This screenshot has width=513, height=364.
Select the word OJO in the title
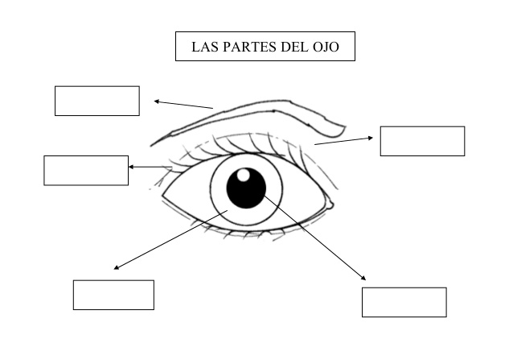326,47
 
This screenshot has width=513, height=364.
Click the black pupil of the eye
246,188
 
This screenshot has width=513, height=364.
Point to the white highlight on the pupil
243,175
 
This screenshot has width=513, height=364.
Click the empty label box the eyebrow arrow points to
97,101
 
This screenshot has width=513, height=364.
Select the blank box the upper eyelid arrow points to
422,141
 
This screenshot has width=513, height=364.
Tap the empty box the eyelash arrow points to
86,171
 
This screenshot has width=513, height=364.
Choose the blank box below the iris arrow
113,295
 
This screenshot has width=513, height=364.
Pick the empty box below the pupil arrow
404,303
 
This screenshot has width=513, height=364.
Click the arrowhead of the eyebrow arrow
156,101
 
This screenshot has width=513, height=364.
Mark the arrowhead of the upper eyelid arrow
371,138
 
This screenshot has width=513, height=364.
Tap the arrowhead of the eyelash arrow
131,167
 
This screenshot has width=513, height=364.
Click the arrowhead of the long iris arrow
116,267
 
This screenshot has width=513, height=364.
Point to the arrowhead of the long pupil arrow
363,278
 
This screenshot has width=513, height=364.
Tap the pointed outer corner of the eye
162,196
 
